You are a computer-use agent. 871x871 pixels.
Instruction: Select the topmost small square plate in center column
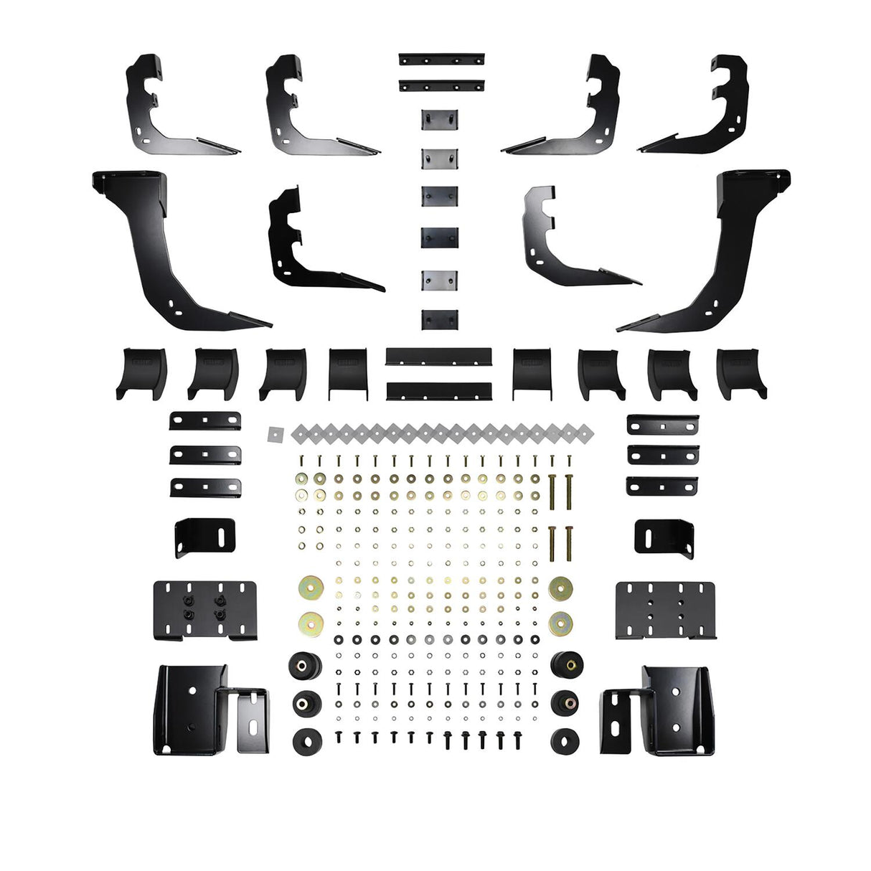(440, 118)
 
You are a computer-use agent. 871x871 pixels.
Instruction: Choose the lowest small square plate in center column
(440, 319)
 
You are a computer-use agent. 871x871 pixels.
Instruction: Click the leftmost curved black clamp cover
(141, 373)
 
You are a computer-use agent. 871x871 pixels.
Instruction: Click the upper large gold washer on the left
(311, 589)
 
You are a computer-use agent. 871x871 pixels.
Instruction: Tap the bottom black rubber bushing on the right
(566, 741)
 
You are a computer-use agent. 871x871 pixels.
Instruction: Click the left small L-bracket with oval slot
(204, 537)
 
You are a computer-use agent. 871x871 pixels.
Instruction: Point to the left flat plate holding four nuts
(204, 610)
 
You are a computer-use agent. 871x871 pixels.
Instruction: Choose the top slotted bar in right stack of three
(662, 425)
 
